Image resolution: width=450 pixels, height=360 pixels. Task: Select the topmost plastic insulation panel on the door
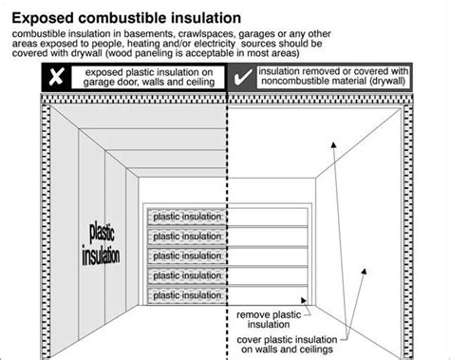click(185, 217)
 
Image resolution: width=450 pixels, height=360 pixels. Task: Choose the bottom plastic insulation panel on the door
click(185, 294)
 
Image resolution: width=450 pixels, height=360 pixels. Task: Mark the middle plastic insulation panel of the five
click(185, 256)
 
